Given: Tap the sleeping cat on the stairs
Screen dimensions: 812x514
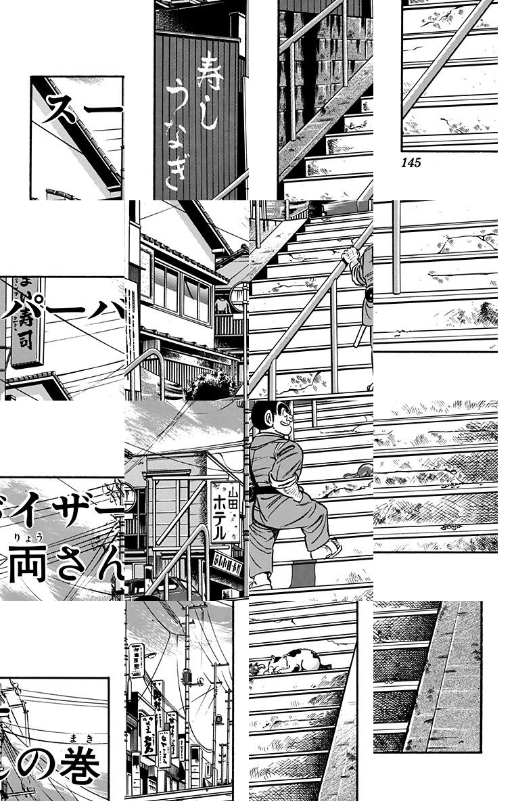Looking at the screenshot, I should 287,661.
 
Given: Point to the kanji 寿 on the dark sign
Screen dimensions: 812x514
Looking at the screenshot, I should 205,74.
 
